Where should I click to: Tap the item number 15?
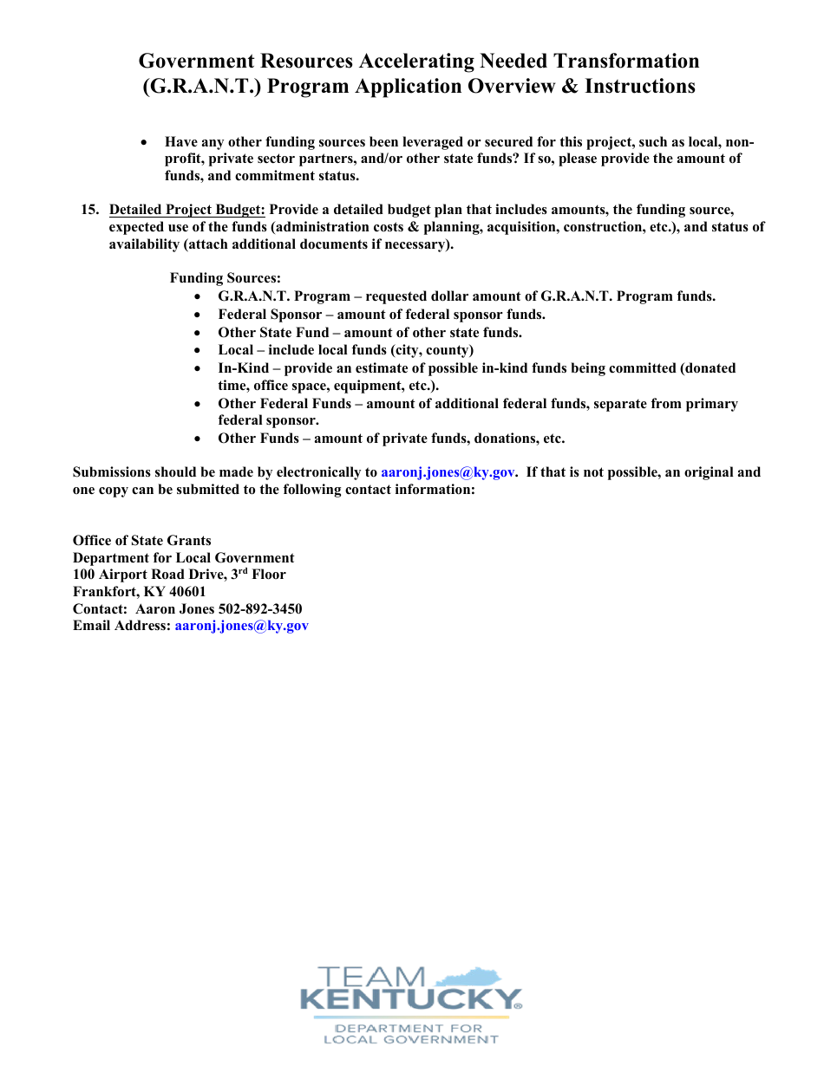(x=89, y=210)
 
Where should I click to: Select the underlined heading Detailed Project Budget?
(x=187, y=210)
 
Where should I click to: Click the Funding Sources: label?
(x=225, y=278)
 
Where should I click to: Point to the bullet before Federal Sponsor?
(x=199, y=315)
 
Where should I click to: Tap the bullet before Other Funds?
(x=199, y=439)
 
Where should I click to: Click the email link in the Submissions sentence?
(x=448, y=472)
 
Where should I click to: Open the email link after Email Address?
(x=241, y=626)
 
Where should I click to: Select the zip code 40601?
(x=187, y=592)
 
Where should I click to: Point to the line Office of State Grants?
(x=141, y=541)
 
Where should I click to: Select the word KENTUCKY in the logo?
(x=408, y=1000)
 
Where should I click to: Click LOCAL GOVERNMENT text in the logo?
(x=410, y=1039)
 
